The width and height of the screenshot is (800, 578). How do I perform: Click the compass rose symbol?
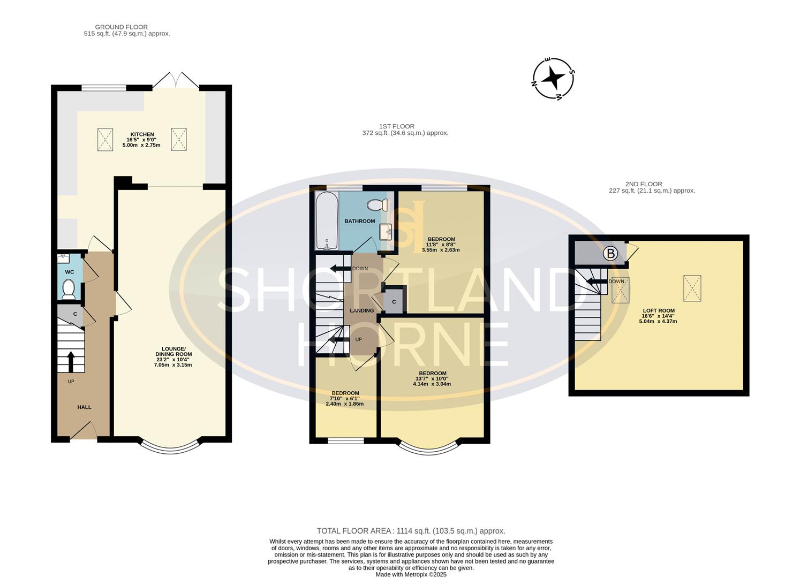click(x=554, y=79)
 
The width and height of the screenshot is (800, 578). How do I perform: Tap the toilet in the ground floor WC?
click(x=68, y=290)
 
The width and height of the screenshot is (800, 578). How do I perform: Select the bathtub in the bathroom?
click(x=326, y=221)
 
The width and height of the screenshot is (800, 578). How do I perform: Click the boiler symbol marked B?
click(x=610, y=253)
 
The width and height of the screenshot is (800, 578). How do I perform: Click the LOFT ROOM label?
click(x=658, y=310)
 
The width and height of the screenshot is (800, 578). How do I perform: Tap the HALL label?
click(x=84, y=407)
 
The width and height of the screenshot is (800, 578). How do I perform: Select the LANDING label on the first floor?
click(x=362, y=310)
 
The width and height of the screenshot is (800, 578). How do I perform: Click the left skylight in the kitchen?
click(x=105, y=140)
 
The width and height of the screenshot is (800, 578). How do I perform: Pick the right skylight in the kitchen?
click(x=178, y=139)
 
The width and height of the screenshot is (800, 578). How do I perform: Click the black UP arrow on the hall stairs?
click(x=70, y=361)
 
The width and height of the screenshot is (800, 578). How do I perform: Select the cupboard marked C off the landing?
click(x=394, y=302)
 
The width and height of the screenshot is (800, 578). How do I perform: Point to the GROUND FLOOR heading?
click(x=122, y=27)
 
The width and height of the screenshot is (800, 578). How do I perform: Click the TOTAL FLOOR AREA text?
click(x=411, y=531)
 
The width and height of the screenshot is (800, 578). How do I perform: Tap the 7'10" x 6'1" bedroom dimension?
click(x=344, y=398)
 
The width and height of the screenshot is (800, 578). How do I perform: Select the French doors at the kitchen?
click(x=176, y=80)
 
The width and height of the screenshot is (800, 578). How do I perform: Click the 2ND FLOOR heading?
click(x=644, y=184)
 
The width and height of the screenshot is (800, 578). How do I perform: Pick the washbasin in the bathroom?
click(x=386, y=232)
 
